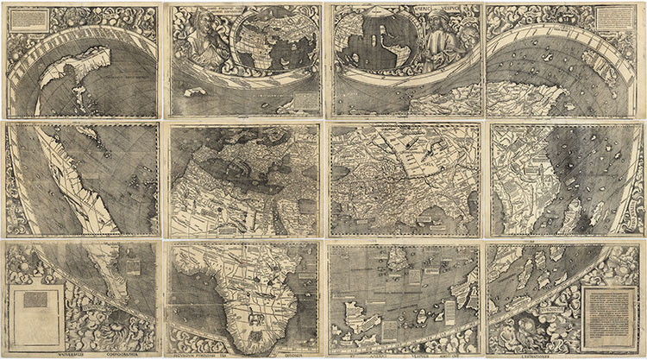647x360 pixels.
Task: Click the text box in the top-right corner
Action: tap(616, 16)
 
